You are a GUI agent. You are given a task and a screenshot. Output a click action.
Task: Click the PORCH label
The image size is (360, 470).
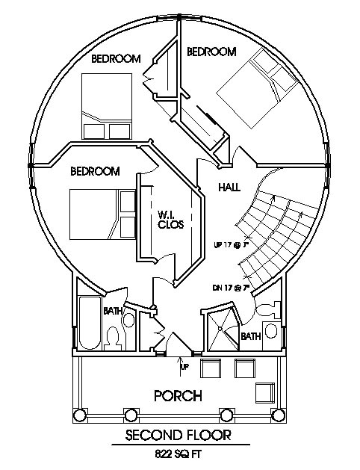click(x=177, y=395)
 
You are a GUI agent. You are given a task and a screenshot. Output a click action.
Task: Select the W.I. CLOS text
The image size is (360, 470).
click(x=168, y=219)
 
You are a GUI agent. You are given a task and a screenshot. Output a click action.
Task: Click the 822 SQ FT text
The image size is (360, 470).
click(x=177, y=453)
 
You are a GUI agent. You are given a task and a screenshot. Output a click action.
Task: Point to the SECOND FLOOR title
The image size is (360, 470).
click(x=177, y=434)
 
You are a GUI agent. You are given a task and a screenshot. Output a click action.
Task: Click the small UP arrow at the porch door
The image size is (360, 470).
click(x=181, y=365)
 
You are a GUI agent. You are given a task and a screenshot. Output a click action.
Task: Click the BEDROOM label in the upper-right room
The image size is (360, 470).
click(x=211, y=52)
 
